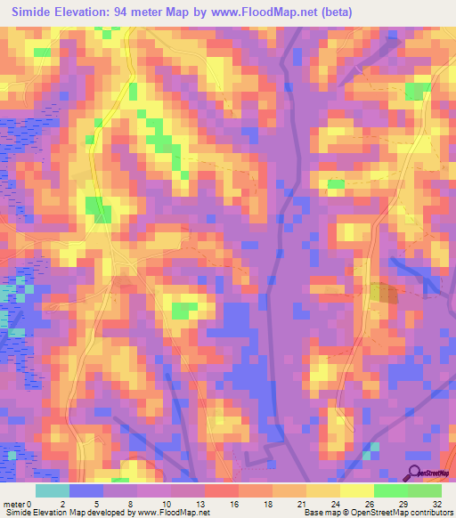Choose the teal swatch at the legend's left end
tap(53, 490)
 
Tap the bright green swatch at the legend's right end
tap(425, 490)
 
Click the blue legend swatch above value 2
tap(86, 490)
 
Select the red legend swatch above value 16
tap(222, 490)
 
